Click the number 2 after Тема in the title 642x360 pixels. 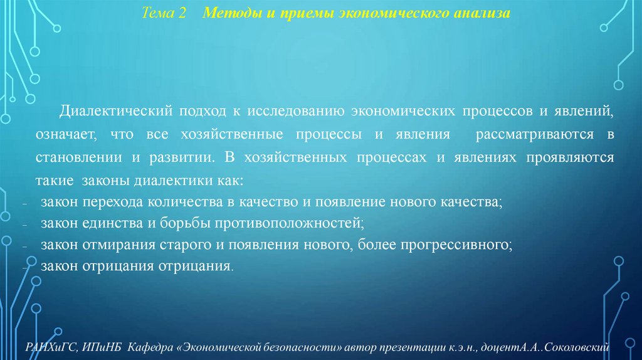tap(182, 13)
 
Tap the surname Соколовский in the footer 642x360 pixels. tap(583, 346)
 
